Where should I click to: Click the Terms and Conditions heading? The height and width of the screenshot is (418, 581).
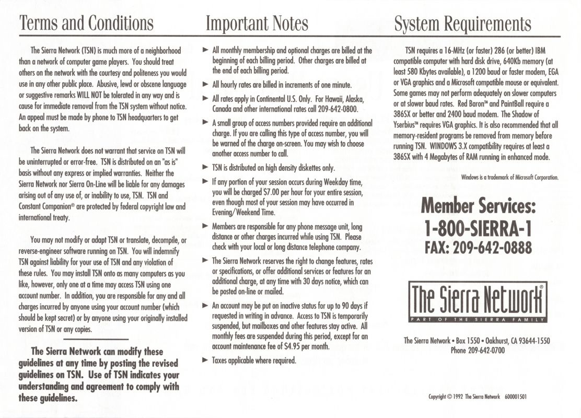86,23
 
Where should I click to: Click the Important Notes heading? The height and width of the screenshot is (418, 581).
257,23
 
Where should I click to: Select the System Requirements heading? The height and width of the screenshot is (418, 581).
462,23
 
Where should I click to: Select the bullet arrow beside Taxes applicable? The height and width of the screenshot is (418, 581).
205,360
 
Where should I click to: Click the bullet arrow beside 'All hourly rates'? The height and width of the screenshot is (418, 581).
205,84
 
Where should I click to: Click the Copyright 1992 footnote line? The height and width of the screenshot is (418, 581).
477,396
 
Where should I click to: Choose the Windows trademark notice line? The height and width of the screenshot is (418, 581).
510,177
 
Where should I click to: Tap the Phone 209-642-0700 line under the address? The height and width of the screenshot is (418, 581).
477,351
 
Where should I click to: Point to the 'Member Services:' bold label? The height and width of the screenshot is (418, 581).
479,207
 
